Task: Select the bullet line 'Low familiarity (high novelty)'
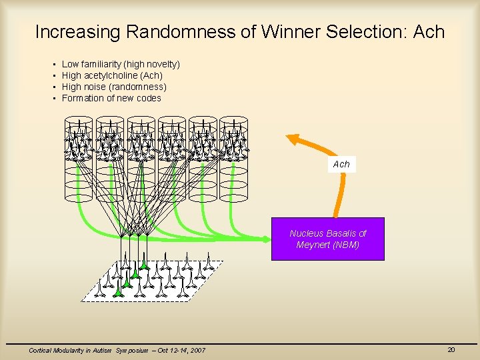[121, 64]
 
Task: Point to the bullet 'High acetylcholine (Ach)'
[112, 75]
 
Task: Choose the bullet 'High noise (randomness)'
[114, 87]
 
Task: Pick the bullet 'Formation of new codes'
[111, 98]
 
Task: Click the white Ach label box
[341, 164]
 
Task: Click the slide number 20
[451, 350]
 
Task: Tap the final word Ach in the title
[428, 31]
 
